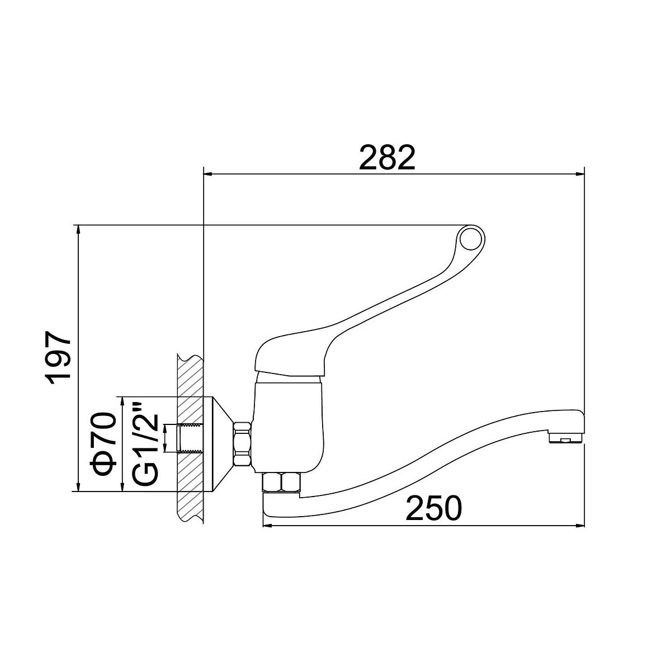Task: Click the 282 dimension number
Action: [x=387, y=157]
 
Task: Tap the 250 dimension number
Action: [x=433, y=508]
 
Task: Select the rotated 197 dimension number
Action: [x=59, y=358]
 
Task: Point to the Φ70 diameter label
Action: [x=103, y=443]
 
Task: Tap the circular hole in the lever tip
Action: [x=471, y=239]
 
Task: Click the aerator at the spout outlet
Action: [x=566, y=437]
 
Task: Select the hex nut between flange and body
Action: [x=243, y=443]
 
